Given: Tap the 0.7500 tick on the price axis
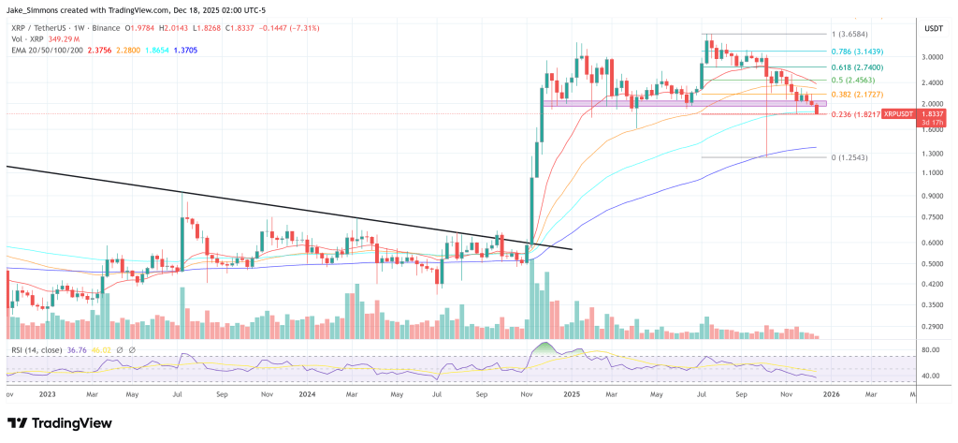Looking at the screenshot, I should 906,216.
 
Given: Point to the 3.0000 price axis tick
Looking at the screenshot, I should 906,56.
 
